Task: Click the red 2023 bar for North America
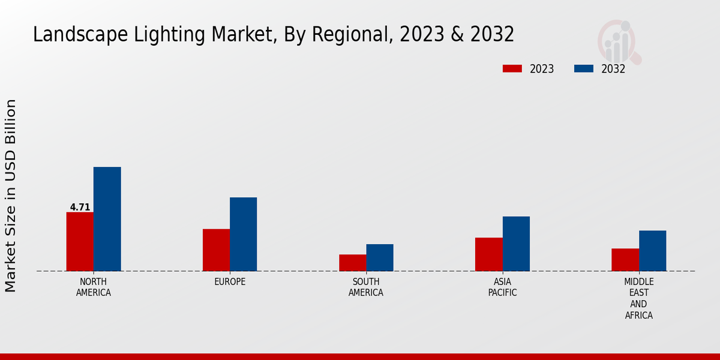point(80,241)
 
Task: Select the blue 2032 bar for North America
point(107,219)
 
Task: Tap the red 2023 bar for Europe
point(216,250)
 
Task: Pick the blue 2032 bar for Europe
point(243,234)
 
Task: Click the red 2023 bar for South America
point(352,263)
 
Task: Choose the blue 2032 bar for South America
point(380,257)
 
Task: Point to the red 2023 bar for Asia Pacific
point(488,254)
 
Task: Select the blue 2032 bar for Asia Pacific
point(516,244)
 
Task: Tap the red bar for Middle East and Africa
point(625,260)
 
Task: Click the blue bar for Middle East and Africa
point(652,251)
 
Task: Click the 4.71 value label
point(80,208)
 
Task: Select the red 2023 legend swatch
point(512,69)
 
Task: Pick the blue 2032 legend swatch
point(583,69)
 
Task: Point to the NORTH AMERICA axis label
point(93,287)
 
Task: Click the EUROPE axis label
point(230,282)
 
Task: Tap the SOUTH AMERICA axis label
point(366,287)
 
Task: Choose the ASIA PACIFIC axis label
point(502,287)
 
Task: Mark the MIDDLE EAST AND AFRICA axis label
point(638,298)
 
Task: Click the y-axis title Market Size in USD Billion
point(11,196)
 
